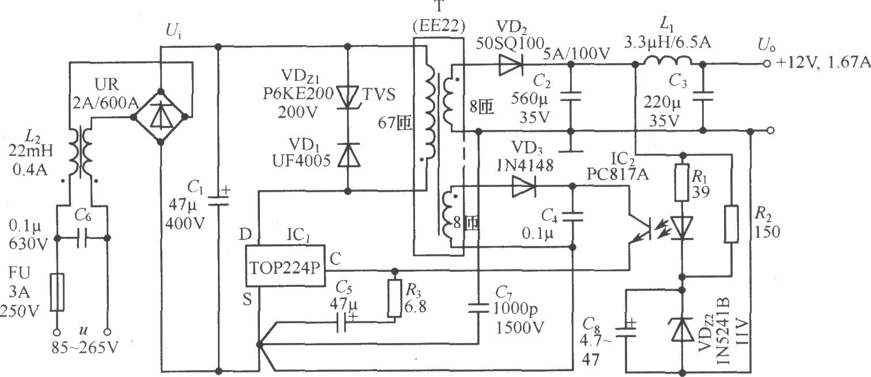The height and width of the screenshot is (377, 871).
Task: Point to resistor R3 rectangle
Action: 394,299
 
